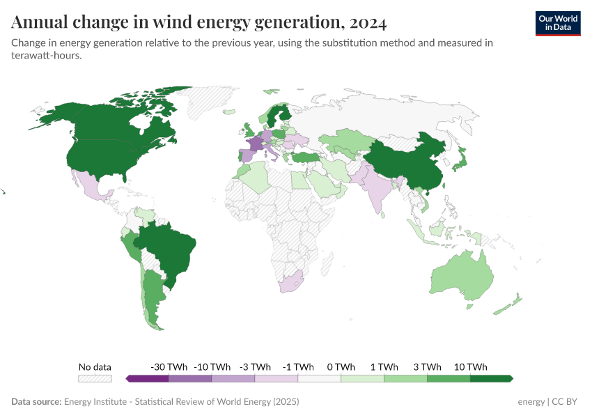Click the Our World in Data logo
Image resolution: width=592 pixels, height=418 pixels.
coord(557,23)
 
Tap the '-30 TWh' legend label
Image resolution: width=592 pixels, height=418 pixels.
coord(169,366)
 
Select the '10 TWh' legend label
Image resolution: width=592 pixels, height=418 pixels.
coord(470,366)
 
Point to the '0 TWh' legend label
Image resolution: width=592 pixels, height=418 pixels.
coord(341,366)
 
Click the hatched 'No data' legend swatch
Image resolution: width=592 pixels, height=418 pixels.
coord(95,378)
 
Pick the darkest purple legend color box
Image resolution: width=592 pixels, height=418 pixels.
coord(148,378)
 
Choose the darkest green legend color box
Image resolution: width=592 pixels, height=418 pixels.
coord(491,378)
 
